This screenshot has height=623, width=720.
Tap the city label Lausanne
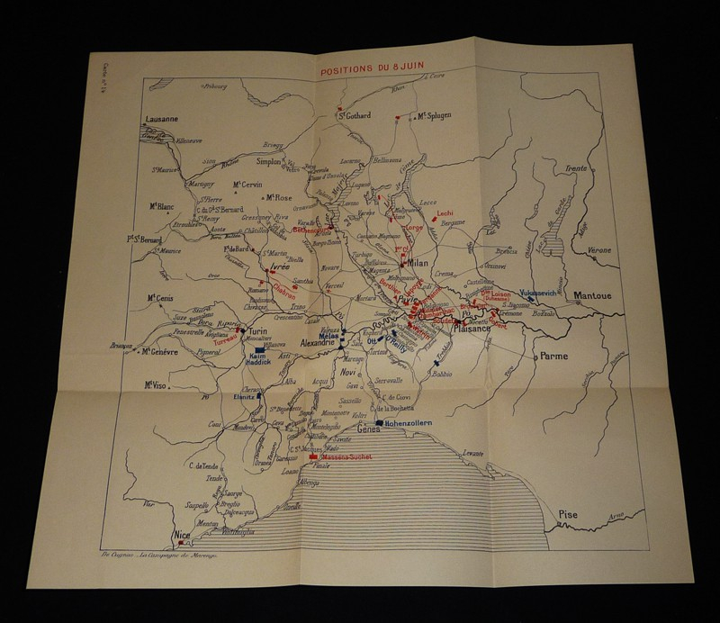pos(163,118)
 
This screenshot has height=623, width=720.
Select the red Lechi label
pos(445,213)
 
